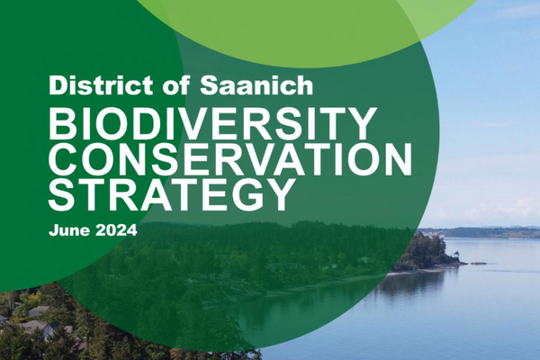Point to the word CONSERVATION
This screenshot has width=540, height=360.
point(230,160)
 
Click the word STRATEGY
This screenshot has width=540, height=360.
point(172,195)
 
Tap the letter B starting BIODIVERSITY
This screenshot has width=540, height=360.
point(62,124)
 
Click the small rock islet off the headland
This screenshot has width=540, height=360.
point(477,263)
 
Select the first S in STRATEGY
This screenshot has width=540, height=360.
point(64,195)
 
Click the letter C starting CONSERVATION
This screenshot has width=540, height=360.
point(66,160)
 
